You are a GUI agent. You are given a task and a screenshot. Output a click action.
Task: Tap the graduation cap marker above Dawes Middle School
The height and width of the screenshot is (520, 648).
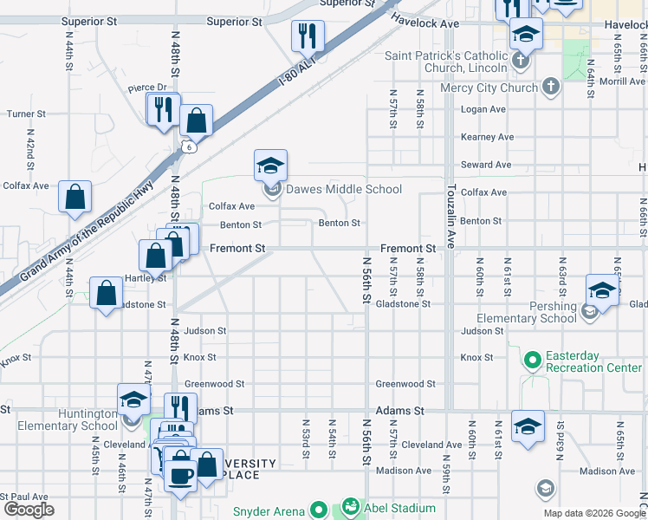(x=270, y=166)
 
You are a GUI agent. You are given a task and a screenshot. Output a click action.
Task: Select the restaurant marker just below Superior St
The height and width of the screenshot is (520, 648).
(x=308, y=36)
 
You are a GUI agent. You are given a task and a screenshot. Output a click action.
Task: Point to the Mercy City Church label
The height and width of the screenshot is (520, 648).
(x=489, y=87)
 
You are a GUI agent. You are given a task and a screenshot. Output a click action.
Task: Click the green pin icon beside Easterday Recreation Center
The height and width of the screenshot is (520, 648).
(x=531, y=357)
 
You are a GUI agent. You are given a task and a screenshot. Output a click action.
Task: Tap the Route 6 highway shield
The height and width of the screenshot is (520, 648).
(x=187, y=147)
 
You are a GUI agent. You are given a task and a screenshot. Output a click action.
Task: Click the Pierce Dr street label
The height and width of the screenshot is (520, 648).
(x=147, y=88)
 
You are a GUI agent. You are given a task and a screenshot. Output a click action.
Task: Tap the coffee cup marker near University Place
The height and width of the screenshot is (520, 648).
(x=180, y=476)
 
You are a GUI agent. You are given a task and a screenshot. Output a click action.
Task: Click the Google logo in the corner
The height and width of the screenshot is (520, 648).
(x=29, y=510)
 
